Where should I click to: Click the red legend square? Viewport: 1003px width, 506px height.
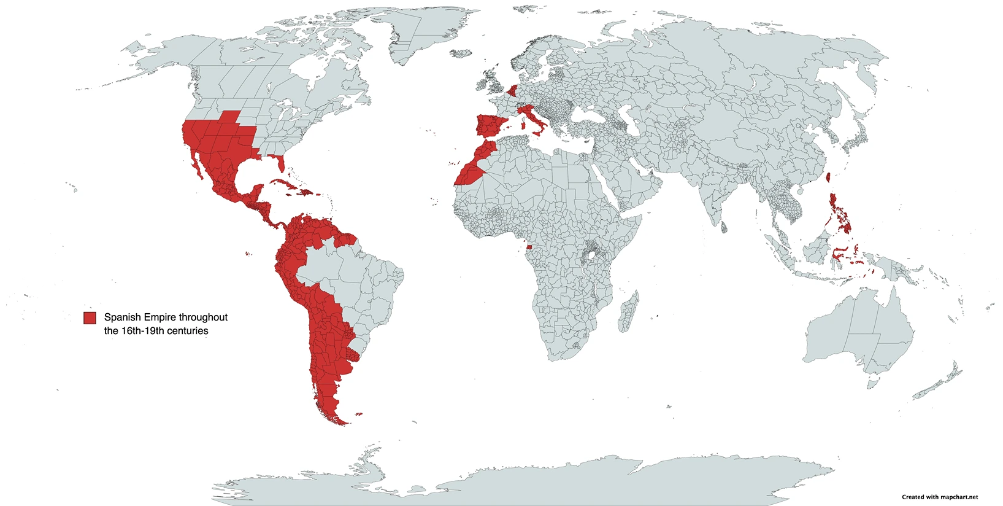coord(90,317)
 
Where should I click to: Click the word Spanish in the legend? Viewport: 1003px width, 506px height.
coord(123,317)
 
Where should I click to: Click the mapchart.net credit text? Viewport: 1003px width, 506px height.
coord(939,497)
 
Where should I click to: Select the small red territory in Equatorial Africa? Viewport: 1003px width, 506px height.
coord(529,247)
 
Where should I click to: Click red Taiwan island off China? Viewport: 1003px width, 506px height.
coord(829,178)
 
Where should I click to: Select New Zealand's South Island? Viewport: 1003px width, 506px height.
coord(927,388)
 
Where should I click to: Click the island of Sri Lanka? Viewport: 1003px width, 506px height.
coord(724,228)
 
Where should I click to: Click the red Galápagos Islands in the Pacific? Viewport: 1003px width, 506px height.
coord(247,254)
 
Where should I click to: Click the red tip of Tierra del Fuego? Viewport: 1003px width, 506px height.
coord(339,419)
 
